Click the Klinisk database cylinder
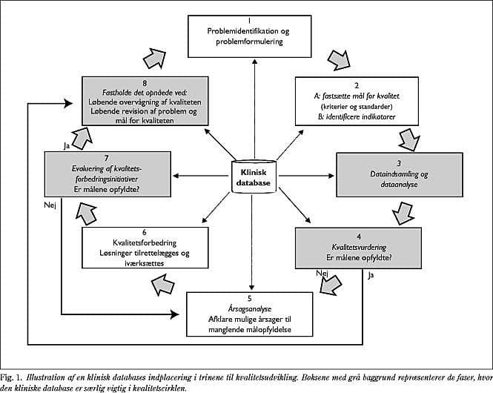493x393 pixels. pyautogui.click(x=254, y=176)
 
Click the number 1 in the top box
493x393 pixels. pyautogui.click(x=249, y=21)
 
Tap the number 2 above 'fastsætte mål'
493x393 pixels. pyautogui.click(x=357, y=85)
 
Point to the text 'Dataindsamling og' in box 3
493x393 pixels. pyautogui.click(x=399, y=174)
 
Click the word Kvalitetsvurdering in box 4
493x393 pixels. pyautogui.click(x=359, y=248)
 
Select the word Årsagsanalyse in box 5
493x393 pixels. pyautogui.click(x=250, y=309)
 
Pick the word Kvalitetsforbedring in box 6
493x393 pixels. pyautogui.click(x=145, y=243)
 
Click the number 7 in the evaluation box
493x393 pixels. pyautogui.click(x=107, y=158)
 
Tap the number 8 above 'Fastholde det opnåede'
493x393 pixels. pyautogui.click(x=145, y=83)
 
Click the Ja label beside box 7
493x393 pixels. pyautogui.click(x=66, y=146)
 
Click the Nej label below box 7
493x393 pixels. pyautogui.click(x=50, y=205)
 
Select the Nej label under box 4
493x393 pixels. pyautogui.click(x=322, y=273)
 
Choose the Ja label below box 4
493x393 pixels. pyautogui.click(x=371, y=276)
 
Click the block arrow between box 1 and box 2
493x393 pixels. pyautogui.click(x=339, y=60)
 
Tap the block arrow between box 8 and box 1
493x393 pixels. pyautogui.click(x=154, y=58)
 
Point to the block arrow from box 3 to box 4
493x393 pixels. pyautogui.click(x=403, y=213)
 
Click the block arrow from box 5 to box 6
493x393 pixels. pyautogui.click(x=162, y=285)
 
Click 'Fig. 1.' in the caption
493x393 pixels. pyautogui.click(x=11, y=377)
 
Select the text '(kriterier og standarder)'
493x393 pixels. pyautogui.click(x=359, y=107)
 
